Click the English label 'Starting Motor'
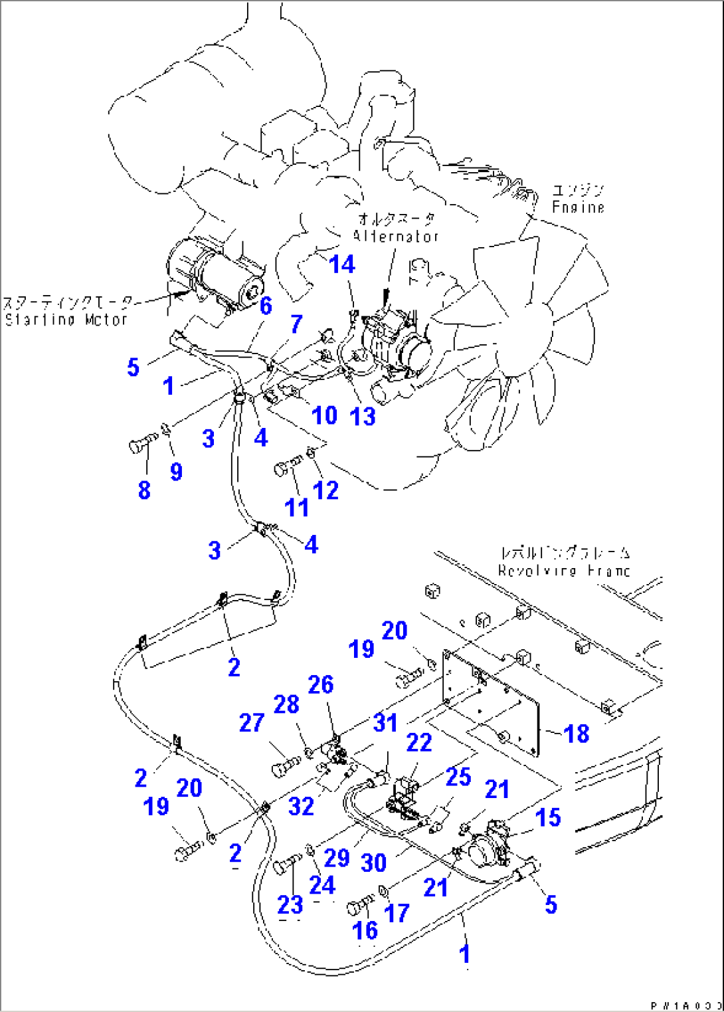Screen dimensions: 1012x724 [66, 320]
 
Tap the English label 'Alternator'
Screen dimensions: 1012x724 [396, 236]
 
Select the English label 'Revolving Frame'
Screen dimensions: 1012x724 [564, 570]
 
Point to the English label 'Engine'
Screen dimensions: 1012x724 [578, 207]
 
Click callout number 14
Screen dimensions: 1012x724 [342, 264]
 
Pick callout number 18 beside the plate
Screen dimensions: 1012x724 [576, 734]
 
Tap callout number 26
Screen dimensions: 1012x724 [321, 684]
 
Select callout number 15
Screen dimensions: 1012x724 [548, 817]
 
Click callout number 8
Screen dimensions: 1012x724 [144, 490]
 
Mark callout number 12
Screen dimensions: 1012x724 [325, 490]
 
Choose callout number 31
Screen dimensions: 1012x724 [385, 722]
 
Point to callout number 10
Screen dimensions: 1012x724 [324, 415]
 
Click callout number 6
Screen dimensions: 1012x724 [266, 306]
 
